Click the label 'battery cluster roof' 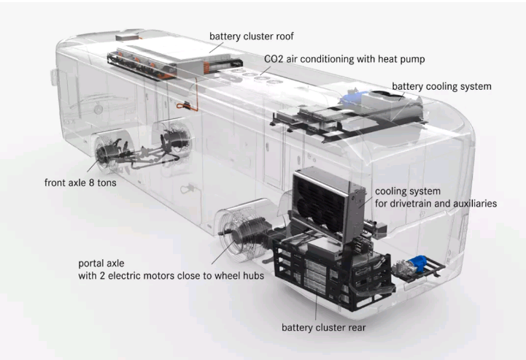click(251, 37)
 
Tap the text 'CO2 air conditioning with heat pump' click(344, 59)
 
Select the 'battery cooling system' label click(441, 86)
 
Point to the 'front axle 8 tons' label click(80, 183)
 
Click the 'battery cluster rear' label click(323, 327)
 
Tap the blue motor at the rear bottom click(418, 263)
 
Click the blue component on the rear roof click(352, 96)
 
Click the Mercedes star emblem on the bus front click(98, 109)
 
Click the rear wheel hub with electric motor click(241, 234)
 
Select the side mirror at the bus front click(54, 77)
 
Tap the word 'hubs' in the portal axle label click(253, 276)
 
